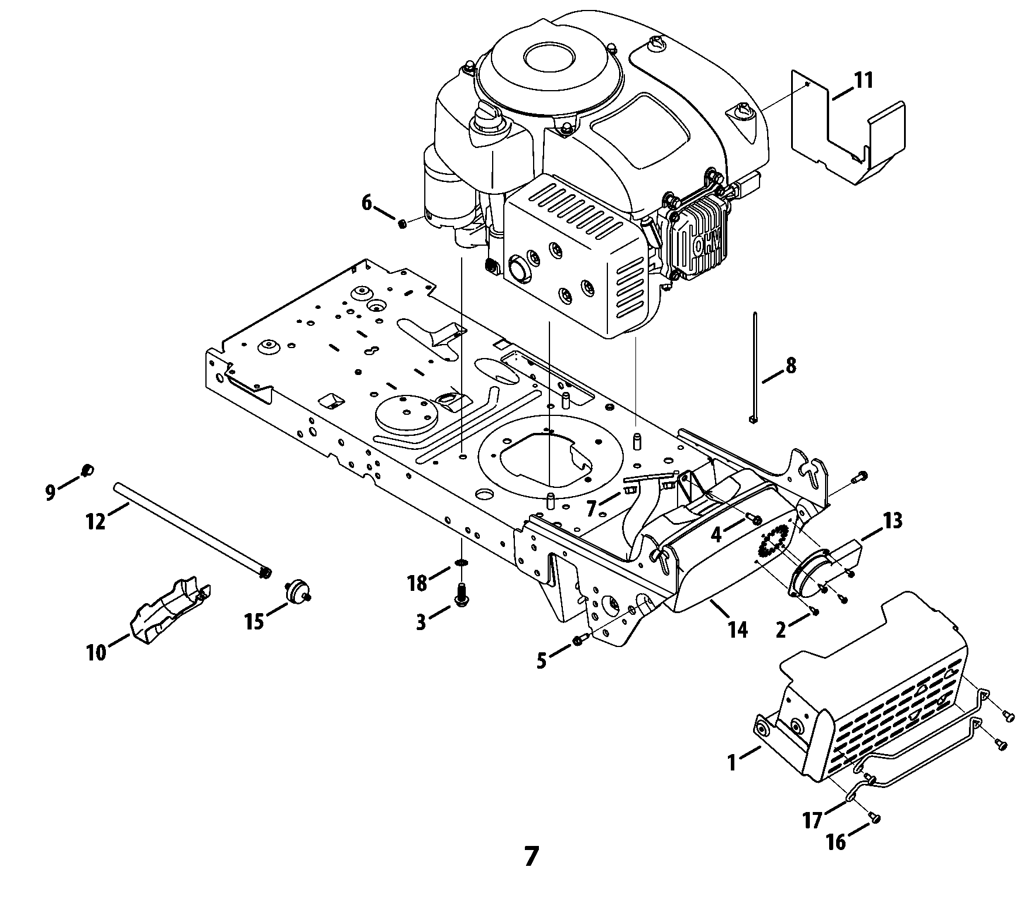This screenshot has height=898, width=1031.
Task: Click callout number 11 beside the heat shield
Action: pyautogui.click(x=863, y=80)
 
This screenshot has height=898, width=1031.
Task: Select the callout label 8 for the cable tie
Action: pyautogui.click(x=790, y=366)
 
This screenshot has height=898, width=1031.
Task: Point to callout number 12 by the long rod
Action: pyautogui.click(x=96, y=519)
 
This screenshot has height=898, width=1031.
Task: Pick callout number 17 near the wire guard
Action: pyautogui.click(x=812, y=821)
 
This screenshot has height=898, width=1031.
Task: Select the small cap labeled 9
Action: pyautogui.click(x=87, y=470)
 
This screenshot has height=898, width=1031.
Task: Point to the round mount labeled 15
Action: pyautogui.click(x=296, y=591)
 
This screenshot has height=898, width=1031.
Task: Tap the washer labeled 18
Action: pyautogui.click(x=462, y=563)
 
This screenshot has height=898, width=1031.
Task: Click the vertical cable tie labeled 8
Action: pyautogui.click(x=754, y=367)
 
